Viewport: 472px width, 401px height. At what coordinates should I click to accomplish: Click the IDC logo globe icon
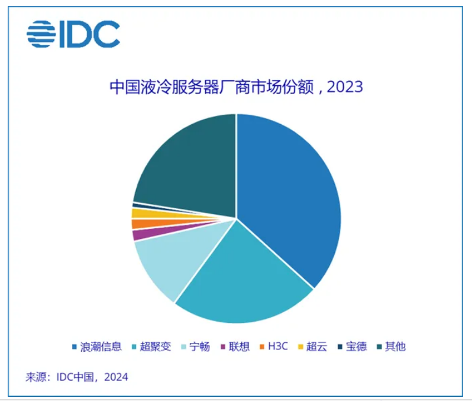[x=40, y=34]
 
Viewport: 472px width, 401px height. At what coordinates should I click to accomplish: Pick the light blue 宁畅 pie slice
[x=166, y=260]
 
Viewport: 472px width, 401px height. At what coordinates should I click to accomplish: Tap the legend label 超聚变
[x=156, y=347]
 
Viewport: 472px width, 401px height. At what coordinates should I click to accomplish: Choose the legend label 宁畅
[x=199, y=347]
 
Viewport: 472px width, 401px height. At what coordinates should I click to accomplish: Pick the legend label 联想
[x=240, y=347]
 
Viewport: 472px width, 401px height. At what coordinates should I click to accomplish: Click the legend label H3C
[x=277, y=347]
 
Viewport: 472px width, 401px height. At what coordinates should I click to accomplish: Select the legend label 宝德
[x=356, y=347]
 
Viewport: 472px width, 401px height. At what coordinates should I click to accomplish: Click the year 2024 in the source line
[x=117, y=377]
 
